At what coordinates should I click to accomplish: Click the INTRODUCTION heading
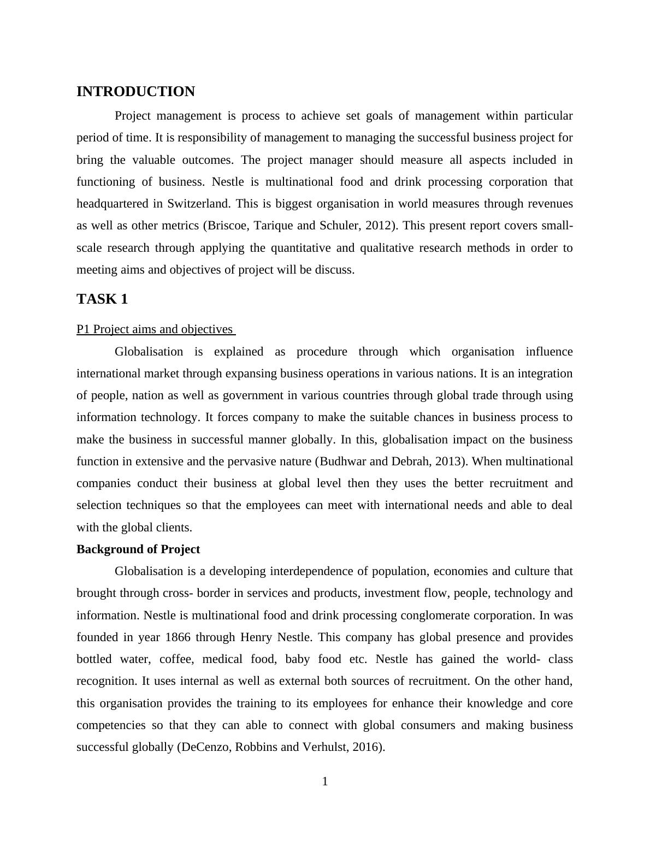coord(135,92)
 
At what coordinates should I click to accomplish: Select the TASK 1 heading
coord(102,299)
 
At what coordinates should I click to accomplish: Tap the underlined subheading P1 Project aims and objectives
coord(155,329)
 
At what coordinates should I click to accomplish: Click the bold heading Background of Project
coord(138,549)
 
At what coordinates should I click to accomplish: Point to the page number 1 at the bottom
coord(325,782)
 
